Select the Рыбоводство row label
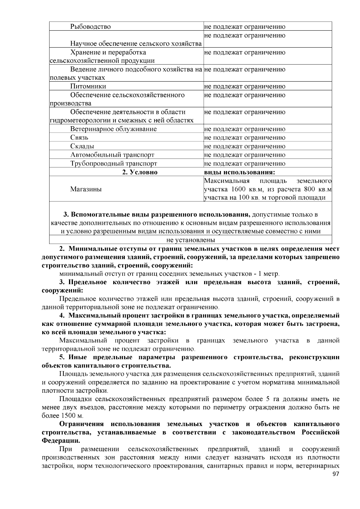click(x=91, y=27)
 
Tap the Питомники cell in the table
click(x=88, y=86)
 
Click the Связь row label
click(x=79, y=138)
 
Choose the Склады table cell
click(x=82, y=146)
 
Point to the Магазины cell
click(x=86, y=189)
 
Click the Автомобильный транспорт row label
click(x=112, y=155)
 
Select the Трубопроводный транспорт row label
click(x=114, y=164)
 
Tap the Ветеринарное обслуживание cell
click(x=113, y=129)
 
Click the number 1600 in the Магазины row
click(x=239, y=189)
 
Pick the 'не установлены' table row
click(x=190, y=240)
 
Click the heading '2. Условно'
click(x=139, y=172)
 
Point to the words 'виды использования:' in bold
click(x=240, y=172)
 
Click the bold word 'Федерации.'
click(x=61, y=441)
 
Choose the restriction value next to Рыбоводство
click(x=244, y=27)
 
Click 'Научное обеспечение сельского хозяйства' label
click(x=136, y=44)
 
